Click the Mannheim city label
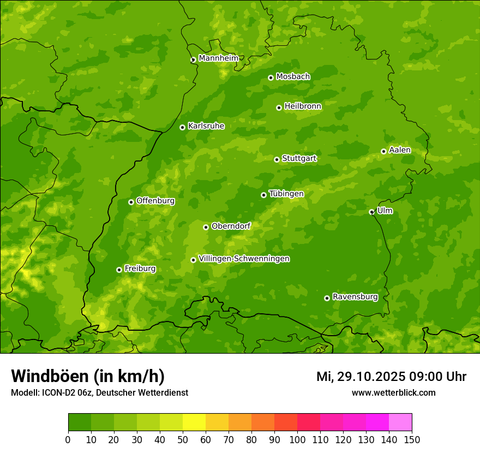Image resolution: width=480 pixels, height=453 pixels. pyautogui.click(x=219, y=58)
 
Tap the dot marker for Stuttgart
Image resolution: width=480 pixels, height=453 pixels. pyautogui.click(x=277, y=159)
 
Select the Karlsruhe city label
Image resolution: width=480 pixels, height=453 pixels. pyautogui.click(x=206, y=126)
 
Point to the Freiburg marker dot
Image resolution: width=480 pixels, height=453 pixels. pyautogui.click(x=119, y=270)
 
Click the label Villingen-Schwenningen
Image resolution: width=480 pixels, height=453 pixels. pyautogui.click(x=244, y=259)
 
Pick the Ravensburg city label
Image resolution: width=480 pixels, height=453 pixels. pyautogui.click(x=355, y=297)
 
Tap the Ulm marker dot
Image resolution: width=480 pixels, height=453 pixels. pyautogui.click(x=371, y=212)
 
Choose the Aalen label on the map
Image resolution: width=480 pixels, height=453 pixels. pyautogui.click(x=400, y=150)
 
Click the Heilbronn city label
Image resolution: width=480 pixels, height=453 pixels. pyautogui.click(x=303, y=106)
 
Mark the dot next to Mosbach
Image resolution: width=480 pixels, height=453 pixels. pyautogui.click(x=271, y=78)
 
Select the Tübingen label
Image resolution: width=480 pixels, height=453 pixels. pyautogui.click(x=286, y=194)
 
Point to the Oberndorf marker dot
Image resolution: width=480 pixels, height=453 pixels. pyautogui.click(x=206, y=227)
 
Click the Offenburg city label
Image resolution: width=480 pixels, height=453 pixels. pyautogui.click(x=155, y=201)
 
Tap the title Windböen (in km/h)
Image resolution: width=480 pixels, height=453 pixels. pyautogui.click(x=88, y=376)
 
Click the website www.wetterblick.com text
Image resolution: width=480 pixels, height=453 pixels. pyautogui.click(x=393, y=392)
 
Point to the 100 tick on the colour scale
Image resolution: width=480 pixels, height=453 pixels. pyautogui.click(x=297, y=439)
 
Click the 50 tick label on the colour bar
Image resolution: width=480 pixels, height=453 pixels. pyautogui.click(x=183, y=439)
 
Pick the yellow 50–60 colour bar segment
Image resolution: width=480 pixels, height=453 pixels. pyautogui.click(x=194, y=422)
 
